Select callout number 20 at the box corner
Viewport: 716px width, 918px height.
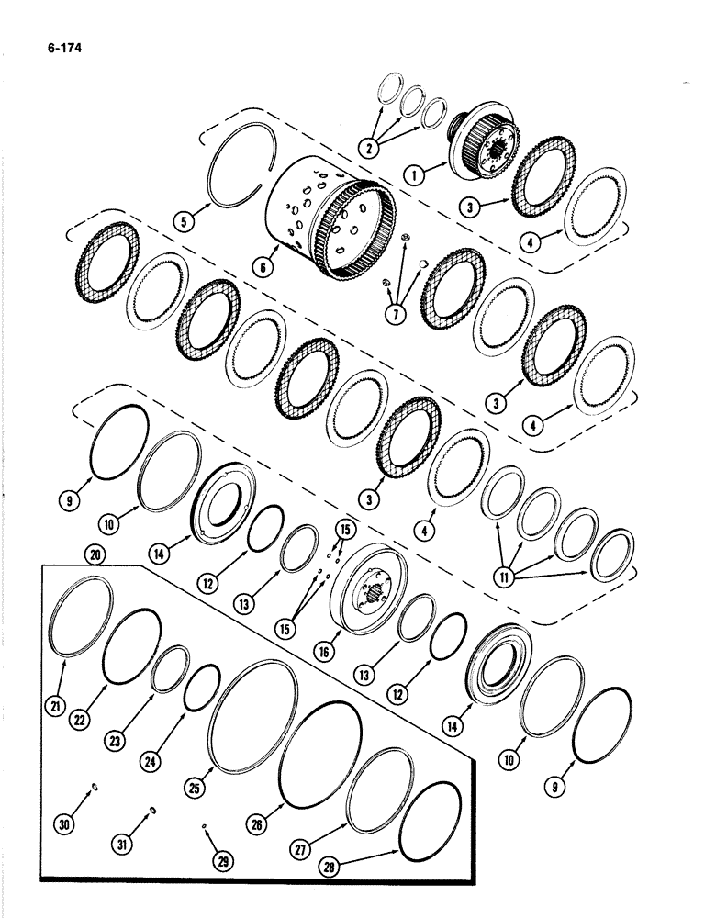pyautogui.click(x=92, y=554)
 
